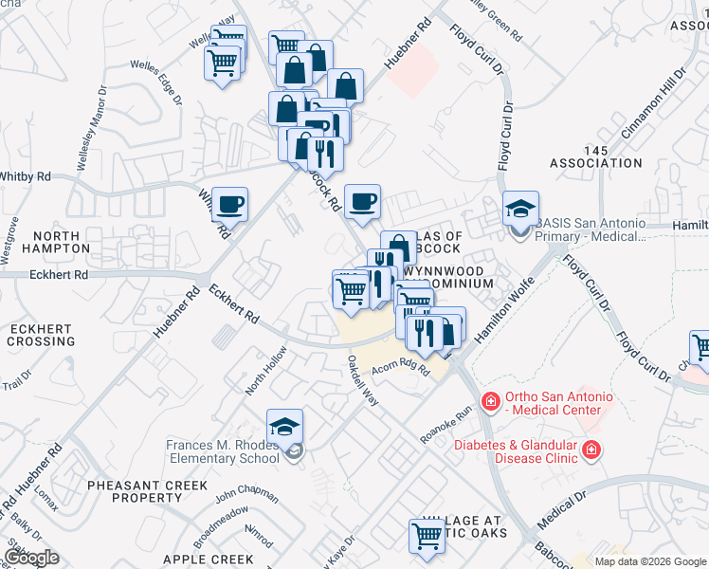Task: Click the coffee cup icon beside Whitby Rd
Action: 229,203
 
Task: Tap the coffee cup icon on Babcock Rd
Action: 362,201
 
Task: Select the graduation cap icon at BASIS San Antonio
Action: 519,209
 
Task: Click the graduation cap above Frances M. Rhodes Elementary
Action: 285,429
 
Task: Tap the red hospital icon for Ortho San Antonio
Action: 491,402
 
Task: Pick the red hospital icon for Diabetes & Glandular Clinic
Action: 591,450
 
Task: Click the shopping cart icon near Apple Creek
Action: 427,536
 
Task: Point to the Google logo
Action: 32,558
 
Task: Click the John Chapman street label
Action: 246,496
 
